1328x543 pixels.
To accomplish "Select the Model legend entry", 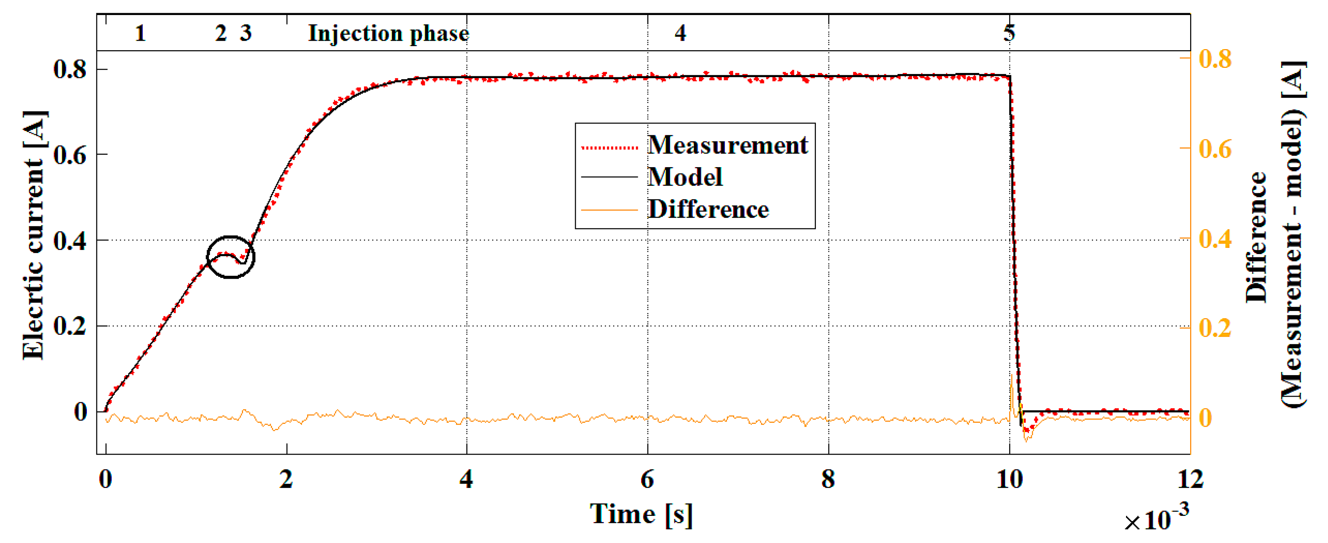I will [685, 177].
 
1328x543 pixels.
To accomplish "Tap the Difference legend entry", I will [708, 210].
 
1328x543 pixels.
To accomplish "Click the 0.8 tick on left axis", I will [70, 69].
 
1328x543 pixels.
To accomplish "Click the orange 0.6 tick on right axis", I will [1215, 149].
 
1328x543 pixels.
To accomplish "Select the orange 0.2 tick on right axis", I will [1215, 328].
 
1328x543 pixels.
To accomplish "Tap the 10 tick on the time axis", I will [1009, 480].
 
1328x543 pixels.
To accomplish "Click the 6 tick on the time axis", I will [647, 480].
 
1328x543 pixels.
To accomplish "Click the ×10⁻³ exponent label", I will [1156, 519].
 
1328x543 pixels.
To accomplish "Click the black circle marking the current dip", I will [231, 257].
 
